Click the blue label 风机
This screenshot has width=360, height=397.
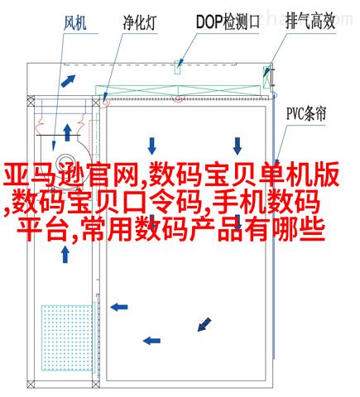pyautogui.click(x=75, y=22)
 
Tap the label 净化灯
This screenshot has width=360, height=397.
pyautogui.click(x=140, y=22)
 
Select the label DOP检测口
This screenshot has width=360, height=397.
pyautogui.click(x=228, y=22)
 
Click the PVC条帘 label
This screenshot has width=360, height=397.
pyautogui.click(x=306, y=113)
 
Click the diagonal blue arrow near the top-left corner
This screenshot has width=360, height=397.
pyautogui.click(x=68, y=80)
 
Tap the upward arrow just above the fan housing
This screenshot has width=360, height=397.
pyautogui.click(x=67, y=132)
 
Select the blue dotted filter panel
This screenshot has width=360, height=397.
pyautogui.click(x=67, y=337)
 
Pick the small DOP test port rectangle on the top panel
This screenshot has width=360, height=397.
pyautogui.click(x=178, y=67)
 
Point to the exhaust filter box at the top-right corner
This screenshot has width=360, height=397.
pyautogui.click(x=266, y=77)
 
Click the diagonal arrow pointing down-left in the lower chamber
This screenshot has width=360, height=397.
pyautogui.click(x=204, y=324)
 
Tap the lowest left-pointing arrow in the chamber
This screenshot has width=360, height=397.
pyautogui.click(x=151, y=341)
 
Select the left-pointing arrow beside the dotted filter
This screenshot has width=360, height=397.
pyautogui.click(x=119, y=307)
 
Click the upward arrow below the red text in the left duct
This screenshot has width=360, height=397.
pyautogui.click(x=65, y=254)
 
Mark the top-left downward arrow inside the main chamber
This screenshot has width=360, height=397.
pyautogui.click(x=151, y=146)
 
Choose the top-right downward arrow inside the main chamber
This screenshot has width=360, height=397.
pyautogui.click(x=238, y=146)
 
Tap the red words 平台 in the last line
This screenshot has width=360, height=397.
pyautogui.click(x=42, y=230)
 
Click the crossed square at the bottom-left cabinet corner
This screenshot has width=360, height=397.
pyautogui.click(x=31, y=384)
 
